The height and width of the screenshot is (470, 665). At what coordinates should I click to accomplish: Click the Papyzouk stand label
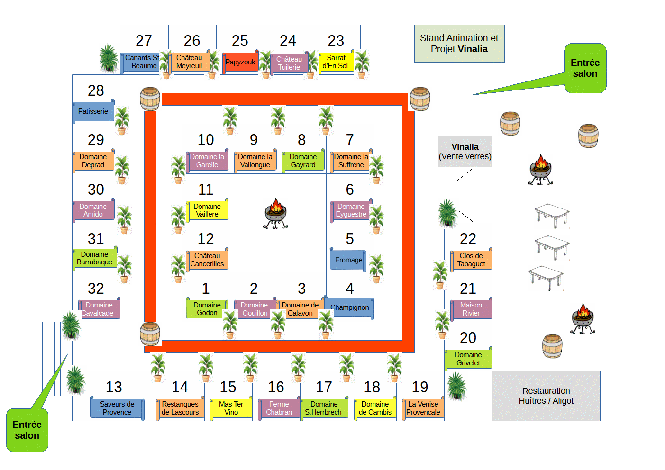[x=240, y=62]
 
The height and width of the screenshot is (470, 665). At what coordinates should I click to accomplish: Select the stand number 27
[x=144, y=41]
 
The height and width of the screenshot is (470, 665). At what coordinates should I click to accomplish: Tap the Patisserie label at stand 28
[x=93, y=111]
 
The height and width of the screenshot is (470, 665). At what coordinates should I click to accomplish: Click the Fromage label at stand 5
[x=348, y=260]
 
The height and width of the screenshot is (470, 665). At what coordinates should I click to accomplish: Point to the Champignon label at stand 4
[x=349, y=307]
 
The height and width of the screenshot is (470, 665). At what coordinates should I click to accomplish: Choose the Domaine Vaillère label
[x=207, y=210]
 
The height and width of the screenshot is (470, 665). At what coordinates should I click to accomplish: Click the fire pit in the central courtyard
[x=276, y=213]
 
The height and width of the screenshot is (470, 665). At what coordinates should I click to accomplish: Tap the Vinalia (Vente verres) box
[x=465, y=152]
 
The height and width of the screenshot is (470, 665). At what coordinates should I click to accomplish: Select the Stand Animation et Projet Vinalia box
[x=459, y=44]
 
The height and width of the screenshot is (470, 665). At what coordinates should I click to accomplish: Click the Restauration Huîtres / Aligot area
[x=546, y=396]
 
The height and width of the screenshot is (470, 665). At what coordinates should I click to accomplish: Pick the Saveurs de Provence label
[x=117, y=408]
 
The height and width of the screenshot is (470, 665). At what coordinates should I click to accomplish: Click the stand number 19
[x=420, y=387]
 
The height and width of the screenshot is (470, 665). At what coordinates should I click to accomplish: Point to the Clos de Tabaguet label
[x=471, y=260]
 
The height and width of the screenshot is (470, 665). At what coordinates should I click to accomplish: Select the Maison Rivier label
[x=471, y=309]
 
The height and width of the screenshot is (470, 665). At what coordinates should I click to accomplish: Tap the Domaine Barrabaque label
[x=95, y=258]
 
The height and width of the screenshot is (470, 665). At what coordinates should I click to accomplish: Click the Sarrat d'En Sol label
[x=336, y=62]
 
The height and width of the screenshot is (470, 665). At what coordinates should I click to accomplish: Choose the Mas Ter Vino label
[x=231, y=408]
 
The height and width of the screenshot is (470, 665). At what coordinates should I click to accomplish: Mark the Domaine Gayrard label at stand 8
[x=303, y=161]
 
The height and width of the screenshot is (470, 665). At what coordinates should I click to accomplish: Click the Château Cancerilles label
[x=207, y=260]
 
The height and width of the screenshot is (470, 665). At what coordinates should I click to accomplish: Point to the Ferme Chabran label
[x=279, y=408]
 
